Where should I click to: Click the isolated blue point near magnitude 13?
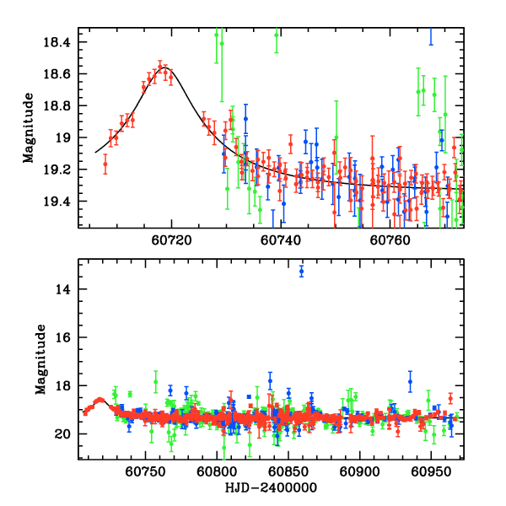tap(302, 271)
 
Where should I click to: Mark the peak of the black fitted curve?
tap(164, 67)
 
